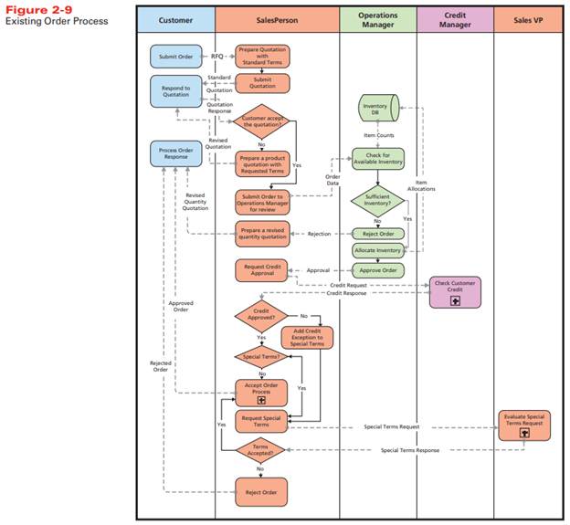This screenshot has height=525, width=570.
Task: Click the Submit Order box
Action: [176, 57]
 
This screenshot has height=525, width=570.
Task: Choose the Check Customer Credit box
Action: [455, 290]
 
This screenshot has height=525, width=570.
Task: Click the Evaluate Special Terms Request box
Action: [523, 424]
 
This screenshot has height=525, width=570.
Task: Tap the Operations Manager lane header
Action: [377, 18]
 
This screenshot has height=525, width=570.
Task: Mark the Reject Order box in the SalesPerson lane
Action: [261, 491]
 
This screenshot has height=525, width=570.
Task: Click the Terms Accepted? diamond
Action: [260, 448]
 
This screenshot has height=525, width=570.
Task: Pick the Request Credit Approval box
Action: [261, 271]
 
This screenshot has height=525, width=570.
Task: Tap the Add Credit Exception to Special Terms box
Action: [309, 338]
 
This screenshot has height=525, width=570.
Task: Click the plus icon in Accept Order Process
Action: [262, 401]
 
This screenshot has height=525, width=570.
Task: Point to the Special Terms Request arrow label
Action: [392, 426]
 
